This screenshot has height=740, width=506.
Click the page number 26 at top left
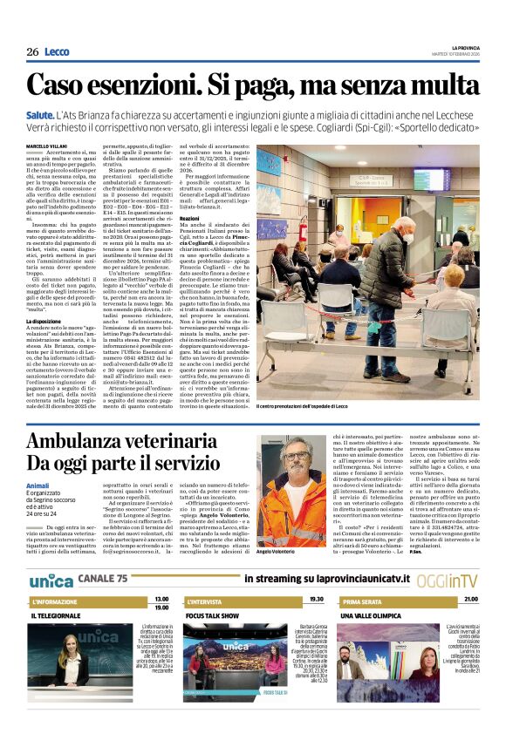pos(32,52)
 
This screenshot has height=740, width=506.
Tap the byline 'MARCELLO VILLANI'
pos(45,145)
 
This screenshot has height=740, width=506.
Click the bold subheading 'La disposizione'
pos(44,322)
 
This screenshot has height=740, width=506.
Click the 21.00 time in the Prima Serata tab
pos(471,600)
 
